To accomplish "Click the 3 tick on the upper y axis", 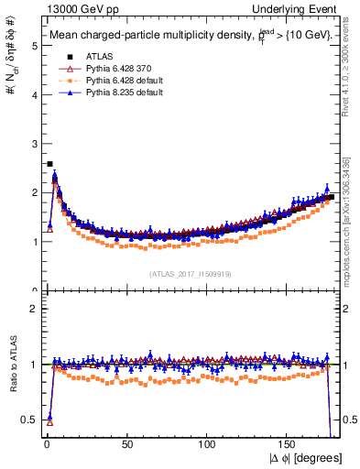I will (x=34, y=143).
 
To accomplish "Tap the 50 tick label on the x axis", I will (x=127, y=446).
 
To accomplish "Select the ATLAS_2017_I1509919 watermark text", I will (x=191, y=273).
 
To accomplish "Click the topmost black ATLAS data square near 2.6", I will (x=49, y=164).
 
